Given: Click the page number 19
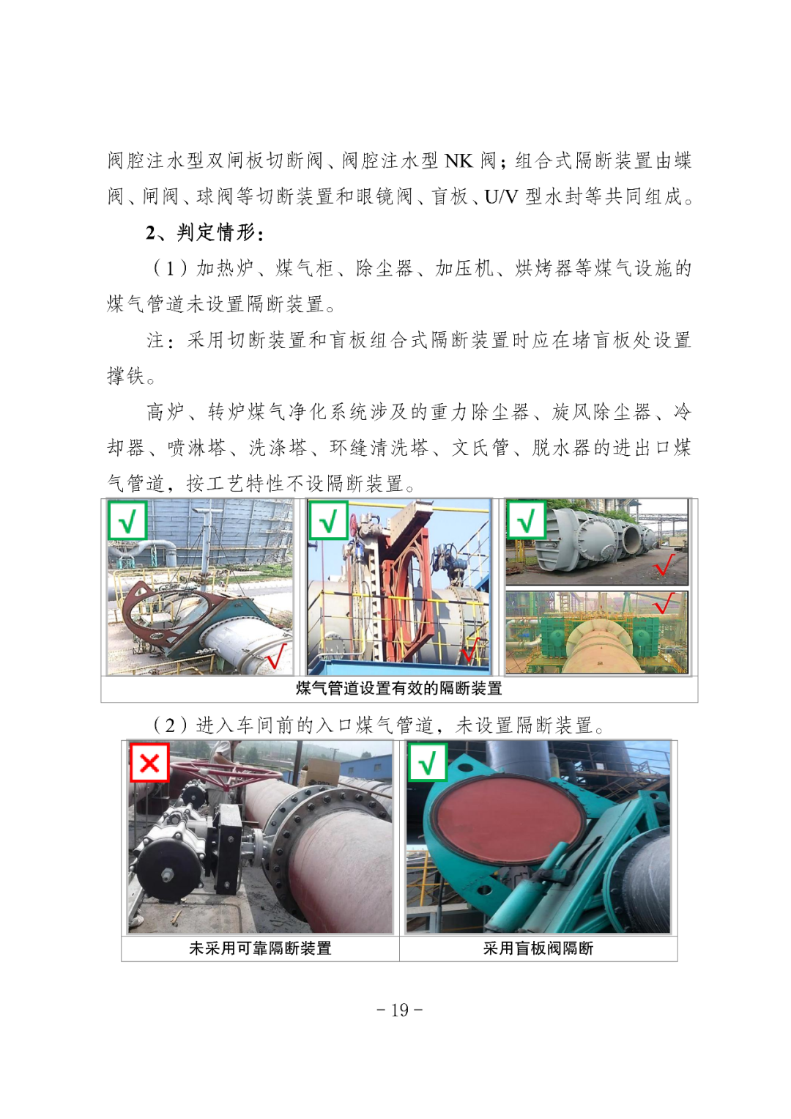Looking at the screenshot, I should pyautogui.click(x=399, y=1010).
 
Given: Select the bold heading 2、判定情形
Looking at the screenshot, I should pyautogui.click(x=204, y=233).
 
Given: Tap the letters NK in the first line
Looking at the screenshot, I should pyautogui.click(x=459, y=161).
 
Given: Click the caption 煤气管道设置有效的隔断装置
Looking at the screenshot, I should pyautogui.click(x=399, y=688).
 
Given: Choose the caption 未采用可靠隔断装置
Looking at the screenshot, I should pyautogui.click(x=260, y=948).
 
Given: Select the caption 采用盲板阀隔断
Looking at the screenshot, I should pyautogui.click(x=538, y=948).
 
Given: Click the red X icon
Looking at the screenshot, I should pyautogui.click(x=149, y=763).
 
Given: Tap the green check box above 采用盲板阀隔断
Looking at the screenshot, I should pyautogui.click(x=428, y=763).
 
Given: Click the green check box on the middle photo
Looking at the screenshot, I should pyautogui.click(x=328, y=520).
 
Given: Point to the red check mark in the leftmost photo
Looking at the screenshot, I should pyautogui.click(x=276, y=655).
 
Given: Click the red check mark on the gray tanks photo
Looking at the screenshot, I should pyautogui.click(x=664, y=564).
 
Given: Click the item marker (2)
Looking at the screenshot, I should pyautogui.click(x=170, y=725).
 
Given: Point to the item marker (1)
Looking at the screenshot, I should pyautogui.click(x=170, y=269).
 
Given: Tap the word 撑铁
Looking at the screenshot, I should pyautogui.click(x=126, y=377).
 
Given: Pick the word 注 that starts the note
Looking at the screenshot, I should pyautogui.click(x=156, y=341).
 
